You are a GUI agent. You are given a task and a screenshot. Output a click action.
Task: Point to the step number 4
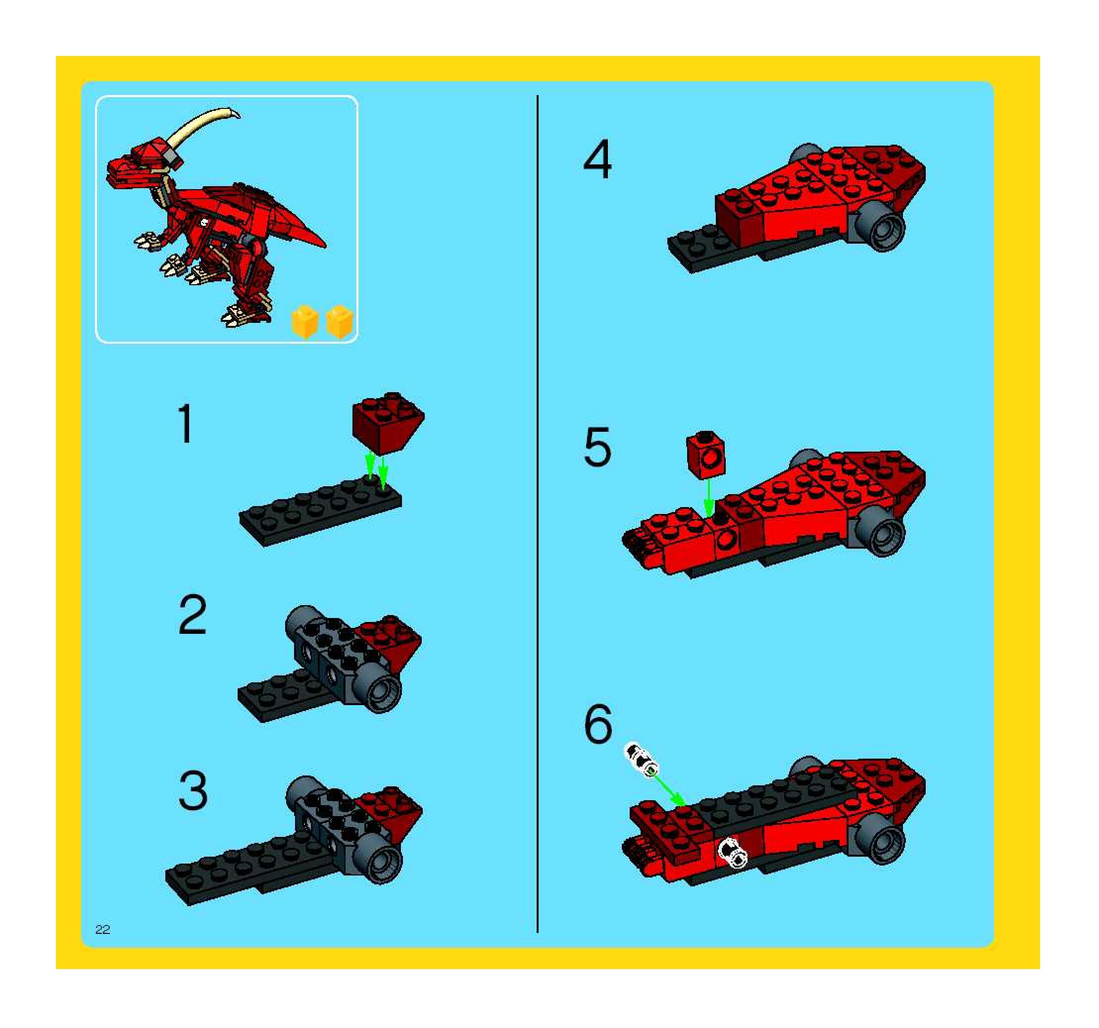click(598, 159)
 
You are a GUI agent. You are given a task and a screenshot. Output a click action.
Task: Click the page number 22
click(103, 929)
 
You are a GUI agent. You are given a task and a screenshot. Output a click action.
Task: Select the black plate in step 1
click(321, 513)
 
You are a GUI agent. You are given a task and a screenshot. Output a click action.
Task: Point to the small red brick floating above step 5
click(705, 455)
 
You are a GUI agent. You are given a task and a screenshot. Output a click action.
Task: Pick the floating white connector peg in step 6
click(641, 760)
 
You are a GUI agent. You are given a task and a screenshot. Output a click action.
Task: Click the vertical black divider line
click(537, 514)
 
